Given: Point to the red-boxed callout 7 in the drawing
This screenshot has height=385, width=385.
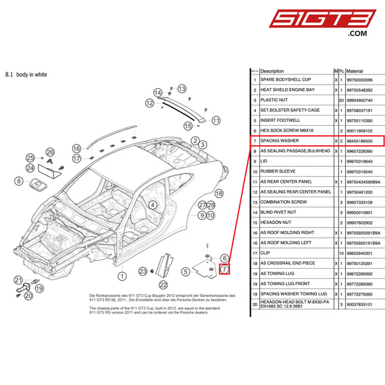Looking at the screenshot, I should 224,269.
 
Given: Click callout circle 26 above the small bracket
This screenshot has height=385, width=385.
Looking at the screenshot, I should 50,152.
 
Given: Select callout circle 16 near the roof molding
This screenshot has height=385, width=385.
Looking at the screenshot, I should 77,148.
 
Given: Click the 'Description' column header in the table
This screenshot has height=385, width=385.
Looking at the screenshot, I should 272,71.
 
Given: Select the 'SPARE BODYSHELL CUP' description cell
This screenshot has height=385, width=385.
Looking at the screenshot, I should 285,79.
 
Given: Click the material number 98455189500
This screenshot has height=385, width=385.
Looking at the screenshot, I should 355,140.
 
